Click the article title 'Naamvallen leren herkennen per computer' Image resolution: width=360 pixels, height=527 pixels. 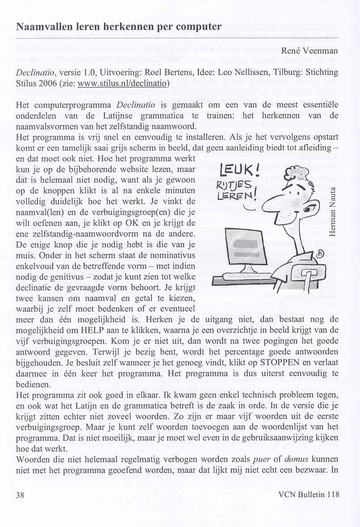pos(118,26)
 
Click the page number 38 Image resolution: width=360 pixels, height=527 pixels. pos(20,494)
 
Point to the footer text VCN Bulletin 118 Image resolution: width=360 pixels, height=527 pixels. pos(308,494)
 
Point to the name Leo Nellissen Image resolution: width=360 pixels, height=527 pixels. pos(244,72)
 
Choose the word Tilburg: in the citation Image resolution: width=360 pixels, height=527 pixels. pos(285,72)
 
